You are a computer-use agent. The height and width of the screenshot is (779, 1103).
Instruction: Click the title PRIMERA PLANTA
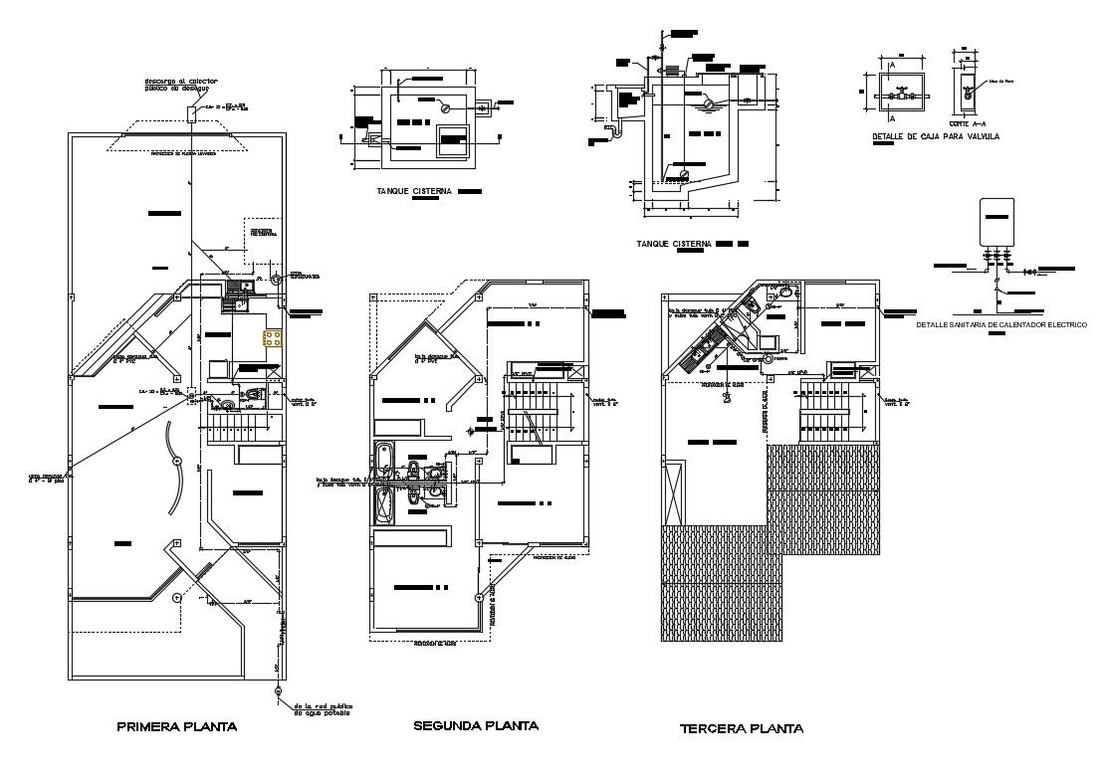[176, 727]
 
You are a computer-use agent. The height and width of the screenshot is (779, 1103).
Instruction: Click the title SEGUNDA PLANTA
[475, 726]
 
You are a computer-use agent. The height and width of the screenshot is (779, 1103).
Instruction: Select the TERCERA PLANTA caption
[742, 729]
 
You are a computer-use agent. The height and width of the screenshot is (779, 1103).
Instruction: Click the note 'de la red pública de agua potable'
[323, 710]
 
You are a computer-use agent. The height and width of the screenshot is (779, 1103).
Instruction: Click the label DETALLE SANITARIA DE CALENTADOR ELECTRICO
[1000, 324]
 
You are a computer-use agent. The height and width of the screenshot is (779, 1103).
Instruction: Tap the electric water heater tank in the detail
[996, 222]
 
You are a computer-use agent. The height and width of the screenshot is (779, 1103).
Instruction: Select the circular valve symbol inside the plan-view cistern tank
[447, 107]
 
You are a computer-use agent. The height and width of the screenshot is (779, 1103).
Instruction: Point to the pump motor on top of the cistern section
[671, 70]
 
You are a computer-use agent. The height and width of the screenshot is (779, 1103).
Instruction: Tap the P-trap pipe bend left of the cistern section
[615, 127]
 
